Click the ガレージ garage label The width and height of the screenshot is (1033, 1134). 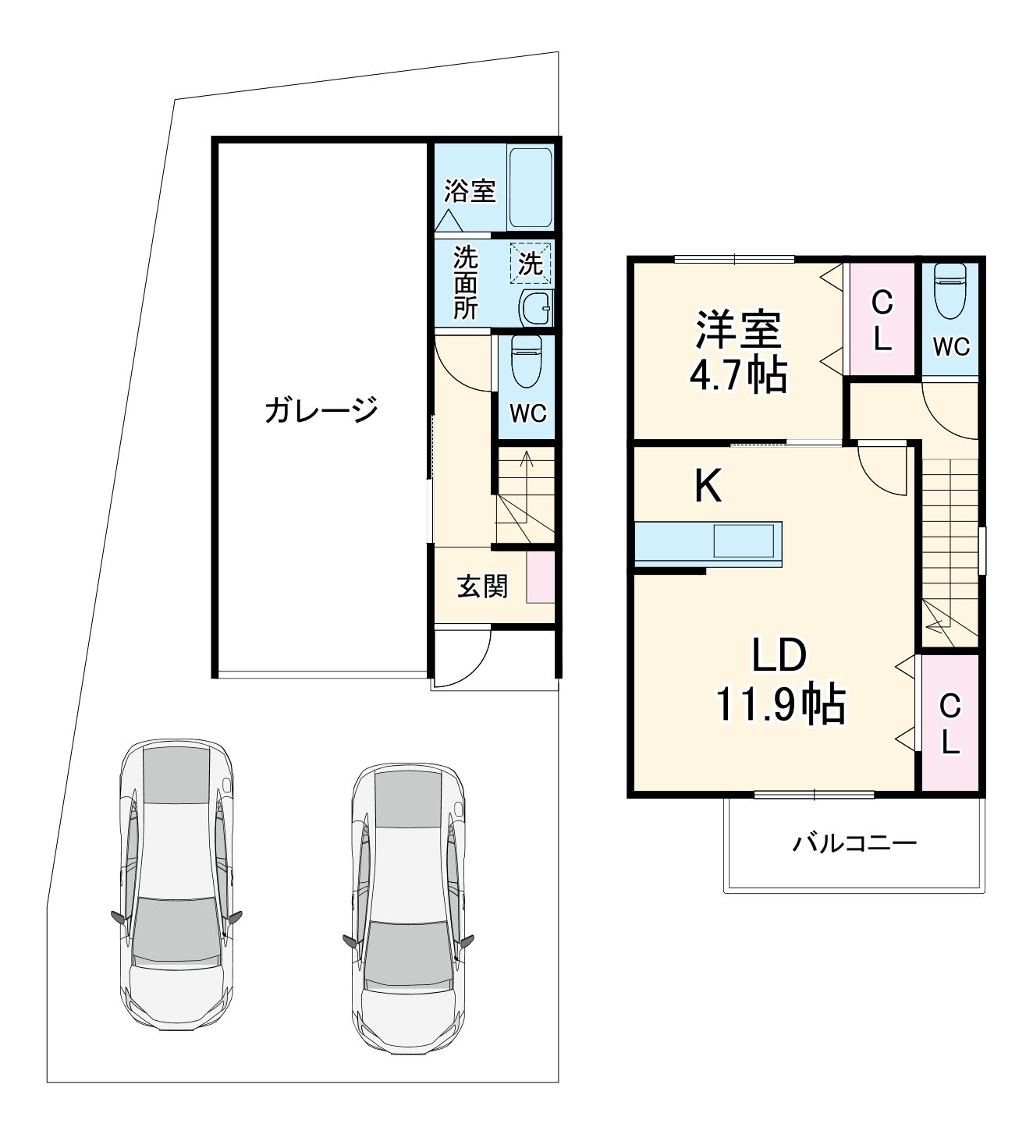click(321, 409)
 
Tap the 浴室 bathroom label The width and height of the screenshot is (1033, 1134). click(470, 190)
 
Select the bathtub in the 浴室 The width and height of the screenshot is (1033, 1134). click(531, 187)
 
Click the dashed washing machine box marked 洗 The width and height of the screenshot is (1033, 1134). click(531, 263)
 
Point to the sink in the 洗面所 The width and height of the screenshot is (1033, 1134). click(537, 308)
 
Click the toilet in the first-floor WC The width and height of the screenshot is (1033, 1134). click(527, 361)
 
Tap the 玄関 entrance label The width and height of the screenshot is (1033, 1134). click(482, 586)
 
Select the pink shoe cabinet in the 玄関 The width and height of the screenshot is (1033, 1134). click(540, 577)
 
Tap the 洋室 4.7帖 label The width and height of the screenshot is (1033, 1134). click(737, 351)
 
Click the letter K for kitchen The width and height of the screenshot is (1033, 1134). click(708, 487)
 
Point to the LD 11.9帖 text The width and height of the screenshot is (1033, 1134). click(780, 679)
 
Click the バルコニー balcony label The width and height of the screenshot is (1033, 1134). click(854, 843)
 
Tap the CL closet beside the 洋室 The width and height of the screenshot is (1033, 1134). click(882, 320)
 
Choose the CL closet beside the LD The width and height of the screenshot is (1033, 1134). click(950, 724)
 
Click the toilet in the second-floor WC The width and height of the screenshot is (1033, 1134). click(950, 291)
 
